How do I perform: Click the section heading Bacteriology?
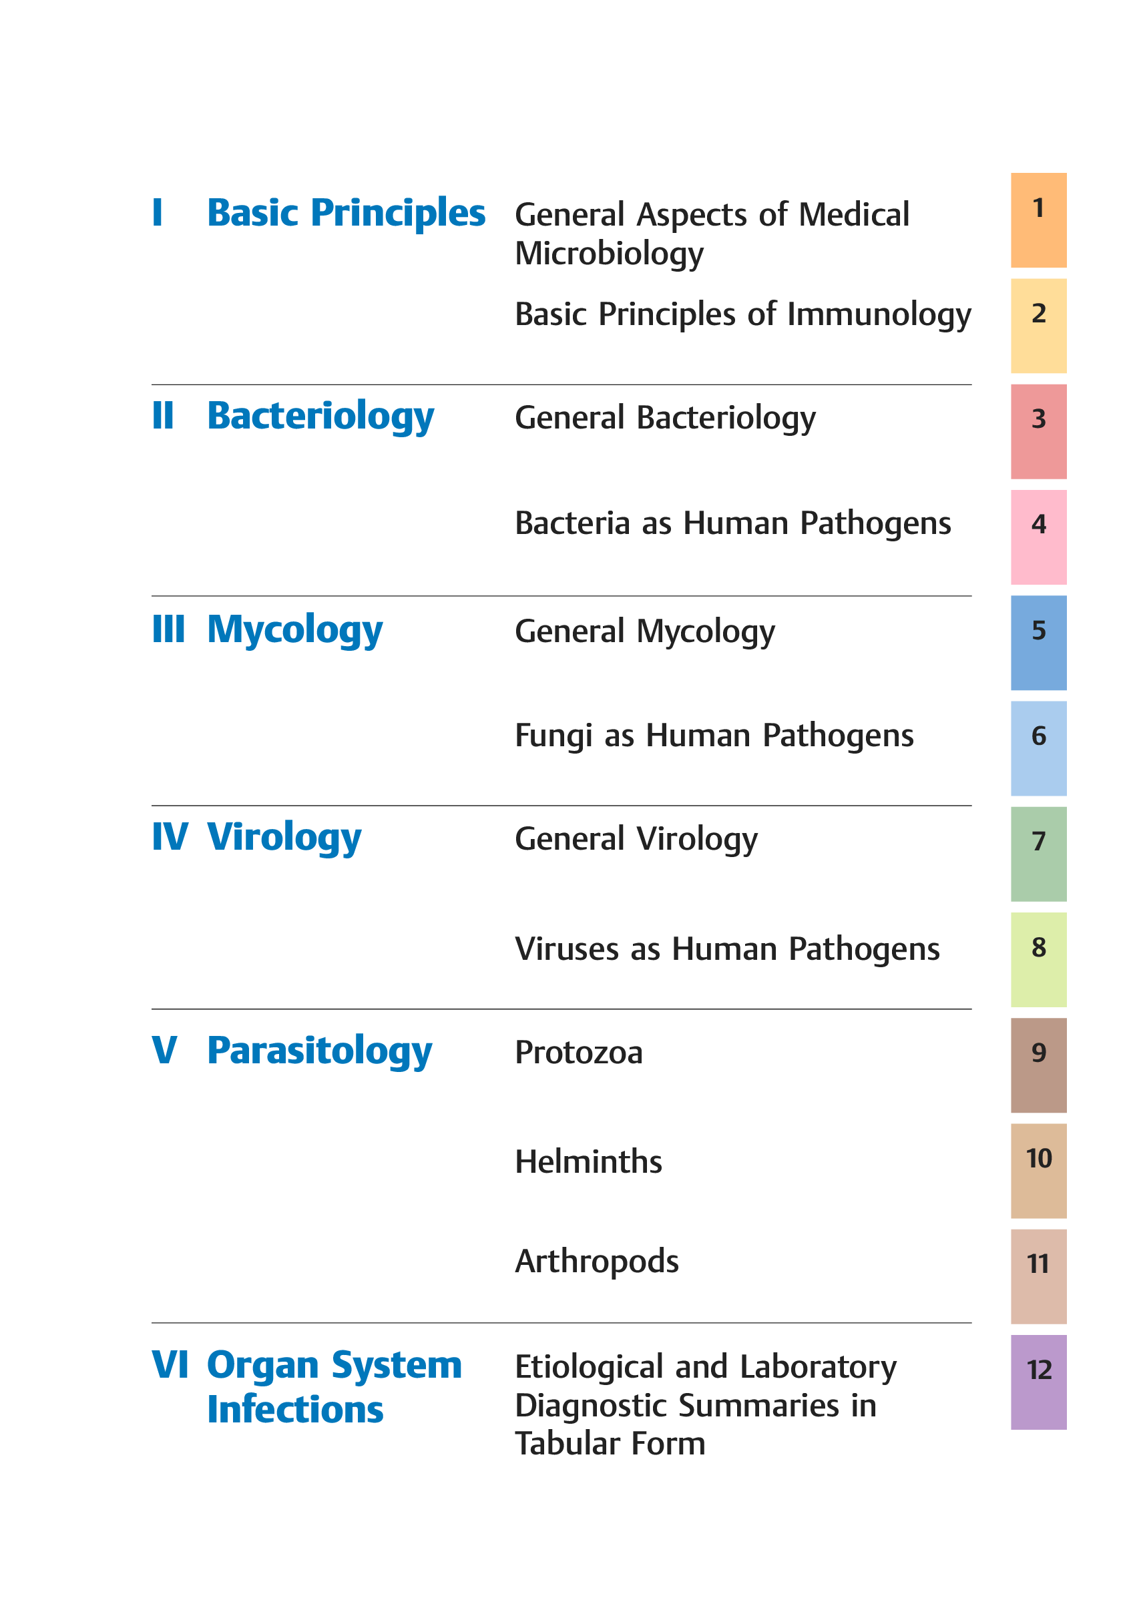(x=320, y=417)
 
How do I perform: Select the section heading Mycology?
(x=294, y=629)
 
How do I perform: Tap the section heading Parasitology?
(x=319, y=1051)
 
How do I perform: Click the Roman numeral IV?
(x=170, y=837)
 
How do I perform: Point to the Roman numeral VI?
(x=170, y=1364)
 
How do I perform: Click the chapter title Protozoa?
(x=578, y=1053)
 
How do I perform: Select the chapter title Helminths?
(x=588, y=1161)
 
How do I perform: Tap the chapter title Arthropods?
(x=597, y=1262)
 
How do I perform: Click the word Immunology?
(x=879, y=315)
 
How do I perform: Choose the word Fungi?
(x=553, y=736)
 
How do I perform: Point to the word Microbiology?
(x=609, y=254)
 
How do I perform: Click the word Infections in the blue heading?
(x=295, y=1410)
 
